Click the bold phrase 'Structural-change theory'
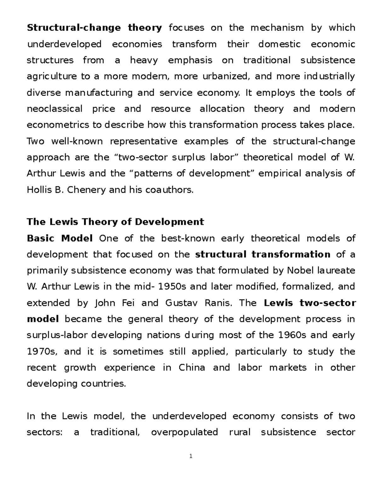[x=94, y=28]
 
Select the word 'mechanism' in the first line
[x=277, y=28]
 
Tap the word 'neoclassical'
[x=54, y=109]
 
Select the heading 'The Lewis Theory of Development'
[x=115, y=222]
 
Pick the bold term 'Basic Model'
[x=60, y=238]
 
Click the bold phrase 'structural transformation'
[x=263, y=254]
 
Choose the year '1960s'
[x=292, y=335]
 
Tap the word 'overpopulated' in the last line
[x=185, y=432]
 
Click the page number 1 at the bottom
[x=191, y=456]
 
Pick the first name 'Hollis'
[x=39, y=190]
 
